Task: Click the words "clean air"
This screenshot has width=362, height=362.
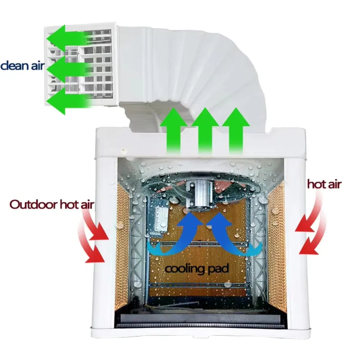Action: point(22,66)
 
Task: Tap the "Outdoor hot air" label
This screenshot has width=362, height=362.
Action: point(52,205)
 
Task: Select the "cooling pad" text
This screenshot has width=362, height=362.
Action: point(197,269)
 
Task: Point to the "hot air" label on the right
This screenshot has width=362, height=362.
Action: point(324,184)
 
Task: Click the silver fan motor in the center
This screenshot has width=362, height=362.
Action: point(198,194)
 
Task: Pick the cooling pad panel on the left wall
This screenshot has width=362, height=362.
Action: point(122,245)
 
